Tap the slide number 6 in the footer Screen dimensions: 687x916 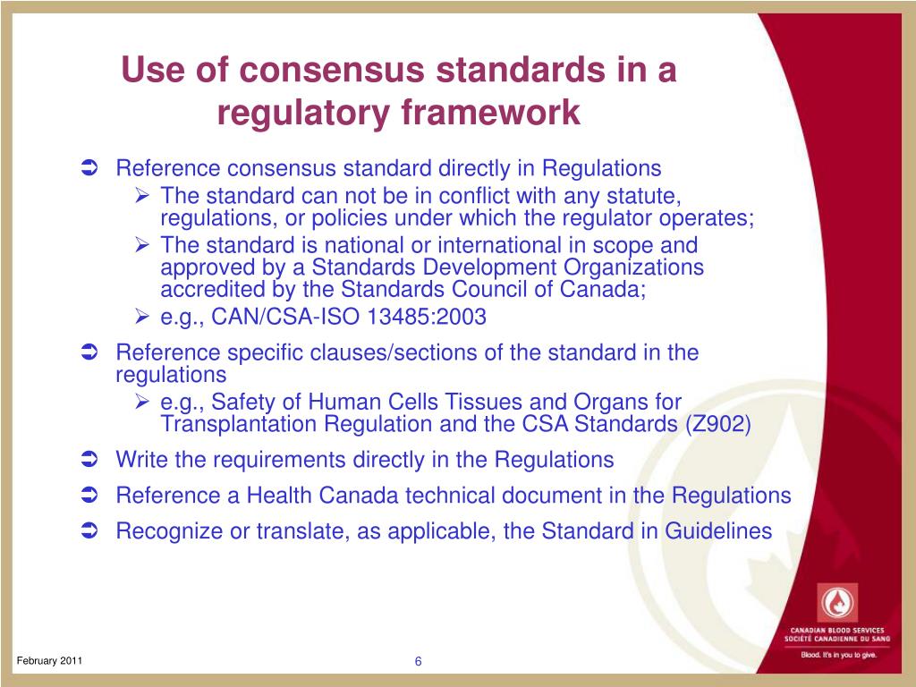[418, 661]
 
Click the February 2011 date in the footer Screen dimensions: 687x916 [50, 660]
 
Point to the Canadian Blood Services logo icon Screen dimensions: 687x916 [838, 602]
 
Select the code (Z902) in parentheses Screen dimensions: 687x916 [718, 424]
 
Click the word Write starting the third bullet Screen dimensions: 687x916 [141, 460]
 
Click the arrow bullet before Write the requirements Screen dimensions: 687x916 [88, 460]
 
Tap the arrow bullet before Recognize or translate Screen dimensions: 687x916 [88, 531]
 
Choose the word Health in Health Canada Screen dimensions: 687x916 [278, 496]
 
